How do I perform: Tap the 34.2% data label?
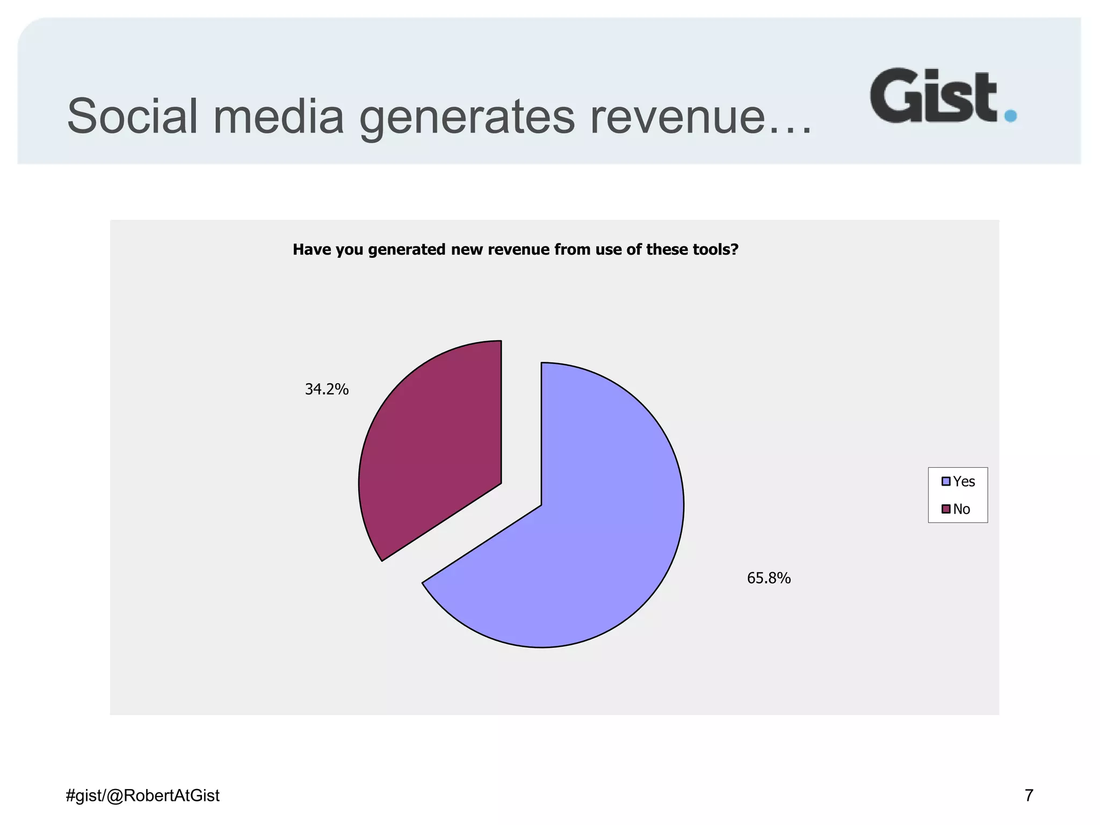(x=327, y=389)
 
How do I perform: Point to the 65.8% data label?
(x=769, y=578)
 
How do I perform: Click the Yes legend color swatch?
(x=946, y=481)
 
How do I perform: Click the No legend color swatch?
(x=946, y=509)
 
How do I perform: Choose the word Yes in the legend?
(x=964, y=481)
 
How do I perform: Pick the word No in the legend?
(x=961, y=509)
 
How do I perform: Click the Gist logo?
(x=933, y=96)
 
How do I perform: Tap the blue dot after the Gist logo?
(x=1010, y=115)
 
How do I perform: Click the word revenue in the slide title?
(x=677, y=117)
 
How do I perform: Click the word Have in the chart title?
(x=312, y=249)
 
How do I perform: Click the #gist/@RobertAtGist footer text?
(x=142, y=795)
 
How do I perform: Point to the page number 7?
(x=1029, y=795)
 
